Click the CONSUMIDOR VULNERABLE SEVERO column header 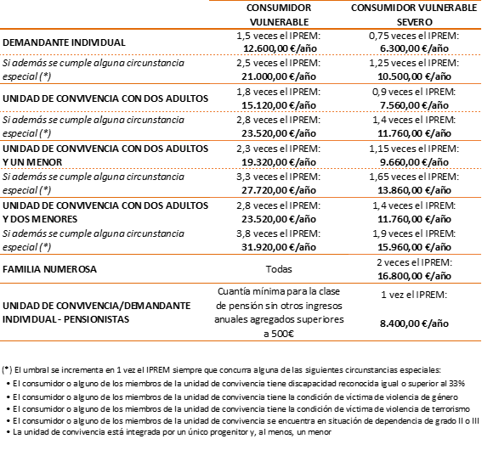coord(414,14)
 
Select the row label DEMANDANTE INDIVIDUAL coord(64,42)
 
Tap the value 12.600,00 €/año coord(280,48)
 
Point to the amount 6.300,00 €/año coord(414,48)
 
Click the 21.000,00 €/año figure coord(279,76)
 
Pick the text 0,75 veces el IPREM coord(413,36)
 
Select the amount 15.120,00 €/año coord(279,105)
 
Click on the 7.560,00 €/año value coord(414,105)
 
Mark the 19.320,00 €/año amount coord(279,162)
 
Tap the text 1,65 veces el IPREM coord(413,177)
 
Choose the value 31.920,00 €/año coord(279,247)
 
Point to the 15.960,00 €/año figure coord(414,247)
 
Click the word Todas coord(279,269)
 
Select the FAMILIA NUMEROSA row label coord(49,269)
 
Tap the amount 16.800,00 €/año coord(414,276)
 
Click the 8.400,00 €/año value coord(414,323)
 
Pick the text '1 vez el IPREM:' coord(414,295)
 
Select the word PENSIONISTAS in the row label coord(97,319)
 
